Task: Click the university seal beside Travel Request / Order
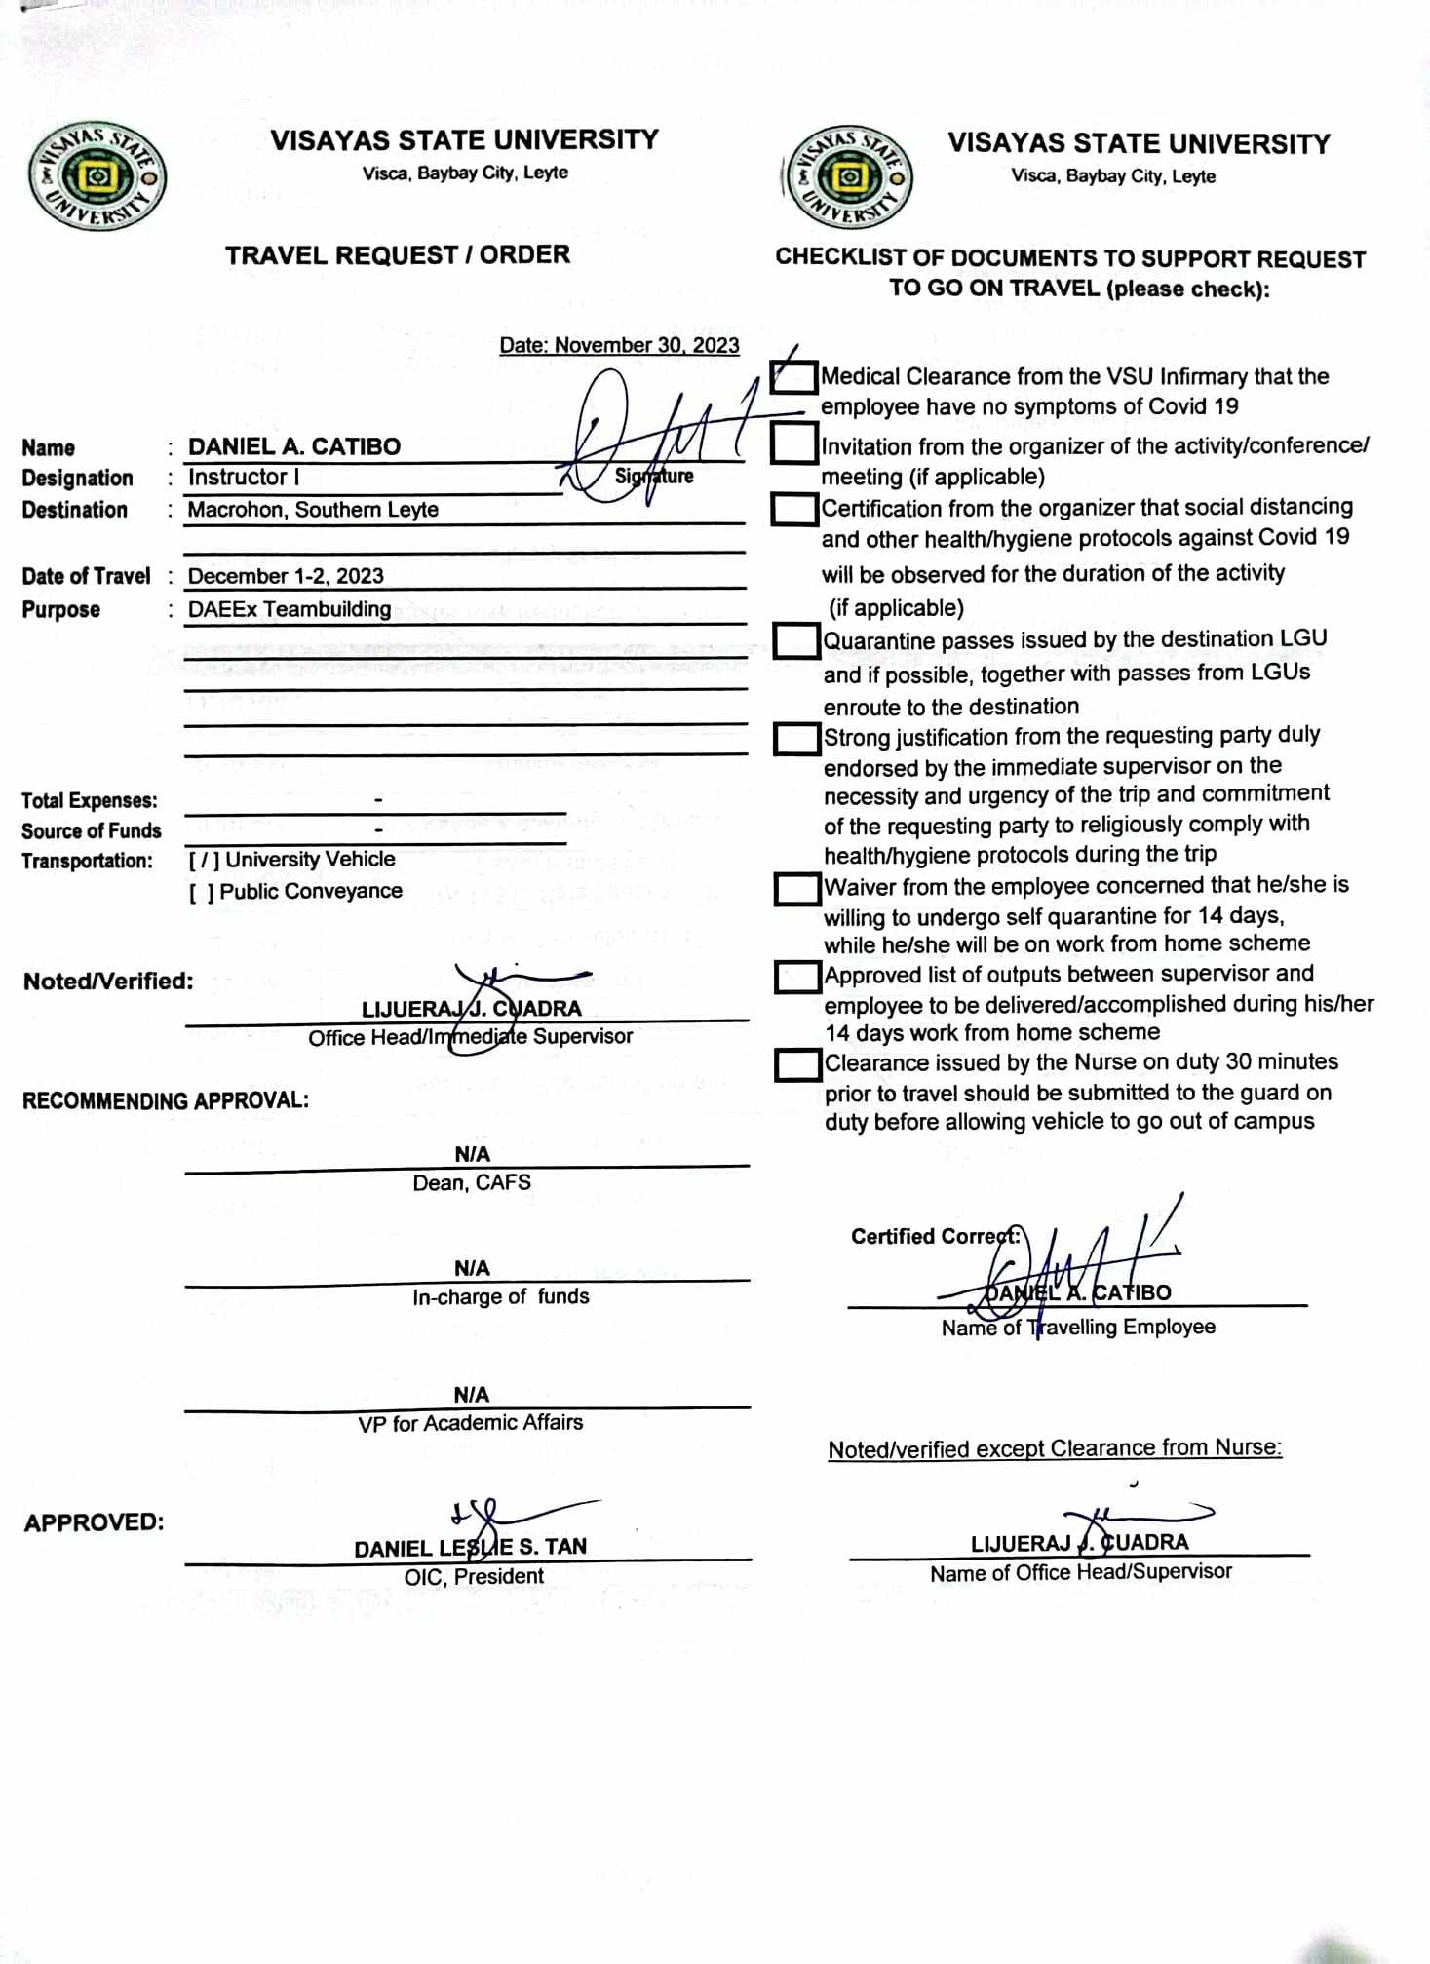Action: tap(97, 178)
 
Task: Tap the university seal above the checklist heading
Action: tap(849, 178)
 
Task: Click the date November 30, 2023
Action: tap(619, 345)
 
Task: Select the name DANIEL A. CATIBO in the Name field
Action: tap(293, 446)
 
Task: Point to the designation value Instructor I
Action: tap(243, 477)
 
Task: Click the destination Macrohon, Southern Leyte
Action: tap(312, 509)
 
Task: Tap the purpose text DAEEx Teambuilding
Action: tap(289, 609)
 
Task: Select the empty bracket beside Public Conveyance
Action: tap(202, 892)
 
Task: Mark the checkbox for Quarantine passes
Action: tap(796, 640)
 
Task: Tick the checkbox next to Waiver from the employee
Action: tap(797, 888)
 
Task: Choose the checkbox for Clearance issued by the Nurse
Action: tap(797, 1064)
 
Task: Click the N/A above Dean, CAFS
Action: tap(472, 1154)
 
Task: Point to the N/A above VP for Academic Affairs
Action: tap(471, 1394)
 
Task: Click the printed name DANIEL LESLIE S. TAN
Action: tap(470, 1547)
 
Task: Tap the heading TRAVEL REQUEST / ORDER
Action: tap(398, 255)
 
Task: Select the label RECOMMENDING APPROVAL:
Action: tap(166, 1100)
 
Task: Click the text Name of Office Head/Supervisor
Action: tap(1080, 1572)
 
